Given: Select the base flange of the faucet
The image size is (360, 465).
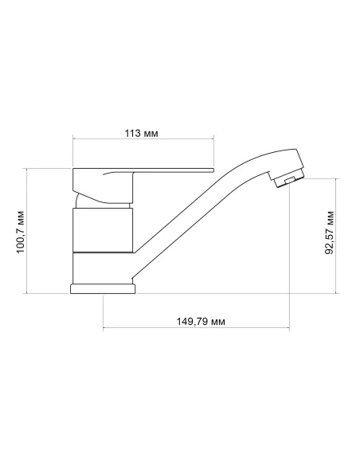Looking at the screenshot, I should pos(104,288).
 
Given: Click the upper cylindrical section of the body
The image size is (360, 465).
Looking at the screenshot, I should pos(102,229).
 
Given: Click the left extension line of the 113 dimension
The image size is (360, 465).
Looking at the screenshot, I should pos(72,151).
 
